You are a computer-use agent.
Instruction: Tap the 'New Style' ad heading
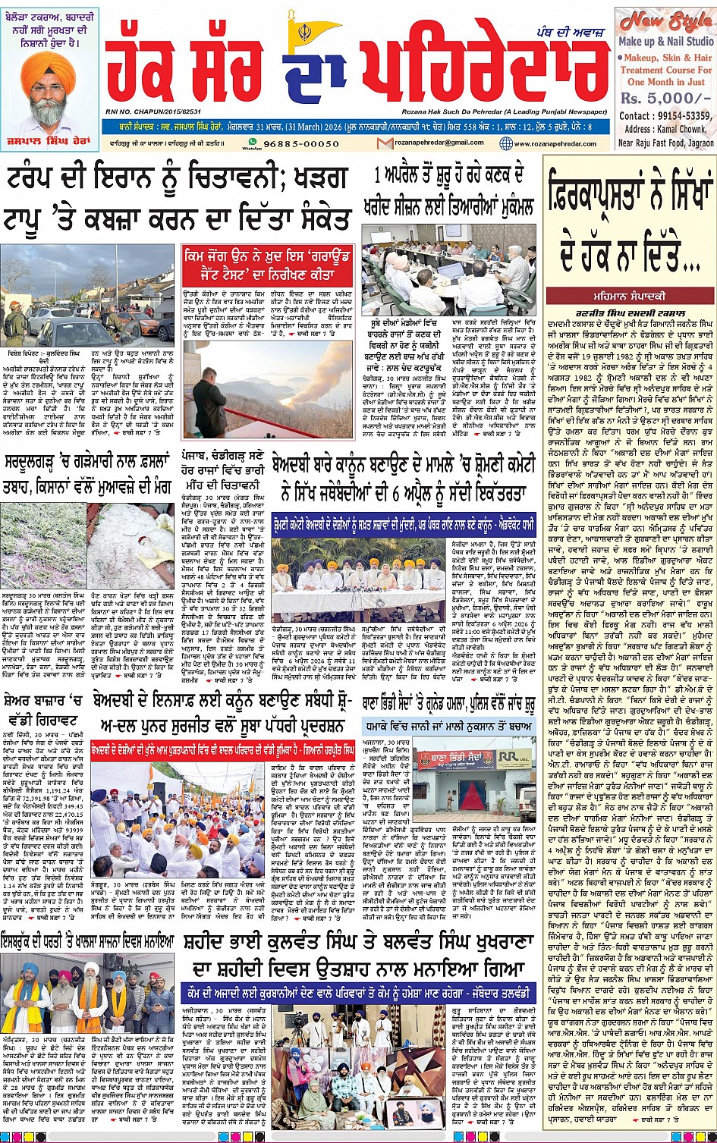[665, 21]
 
